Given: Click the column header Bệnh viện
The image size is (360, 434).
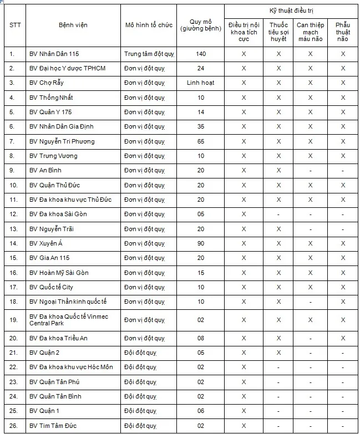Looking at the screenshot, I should point(73,25).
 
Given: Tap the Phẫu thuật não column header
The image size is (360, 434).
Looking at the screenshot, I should point(343,32).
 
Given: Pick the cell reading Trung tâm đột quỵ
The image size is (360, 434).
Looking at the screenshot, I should point(149,54).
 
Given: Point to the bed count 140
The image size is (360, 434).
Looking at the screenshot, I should point(201,54).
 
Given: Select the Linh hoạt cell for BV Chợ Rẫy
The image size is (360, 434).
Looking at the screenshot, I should point(201,83).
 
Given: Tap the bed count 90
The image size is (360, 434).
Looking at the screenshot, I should point(201,243).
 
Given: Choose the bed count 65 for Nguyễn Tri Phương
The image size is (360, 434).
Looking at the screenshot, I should point(201,141).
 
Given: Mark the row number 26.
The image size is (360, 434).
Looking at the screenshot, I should point(13,426).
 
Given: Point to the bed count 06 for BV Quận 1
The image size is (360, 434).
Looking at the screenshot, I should point(201,411).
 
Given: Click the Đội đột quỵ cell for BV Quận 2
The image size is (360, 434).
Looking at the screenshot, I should point(141,353).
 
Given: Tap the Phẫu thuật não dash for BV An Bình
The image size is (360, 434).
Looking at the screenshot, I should point(343,171).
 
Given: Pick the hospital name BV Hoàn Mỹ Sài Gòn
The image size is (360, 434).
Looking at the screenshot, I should point(59,273).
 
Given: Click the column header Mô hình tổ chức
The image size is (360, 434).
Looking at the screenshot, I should point(149,25).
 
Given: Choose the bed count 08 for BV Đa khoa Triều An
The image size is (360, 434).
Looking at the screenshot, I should point(201,338).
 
